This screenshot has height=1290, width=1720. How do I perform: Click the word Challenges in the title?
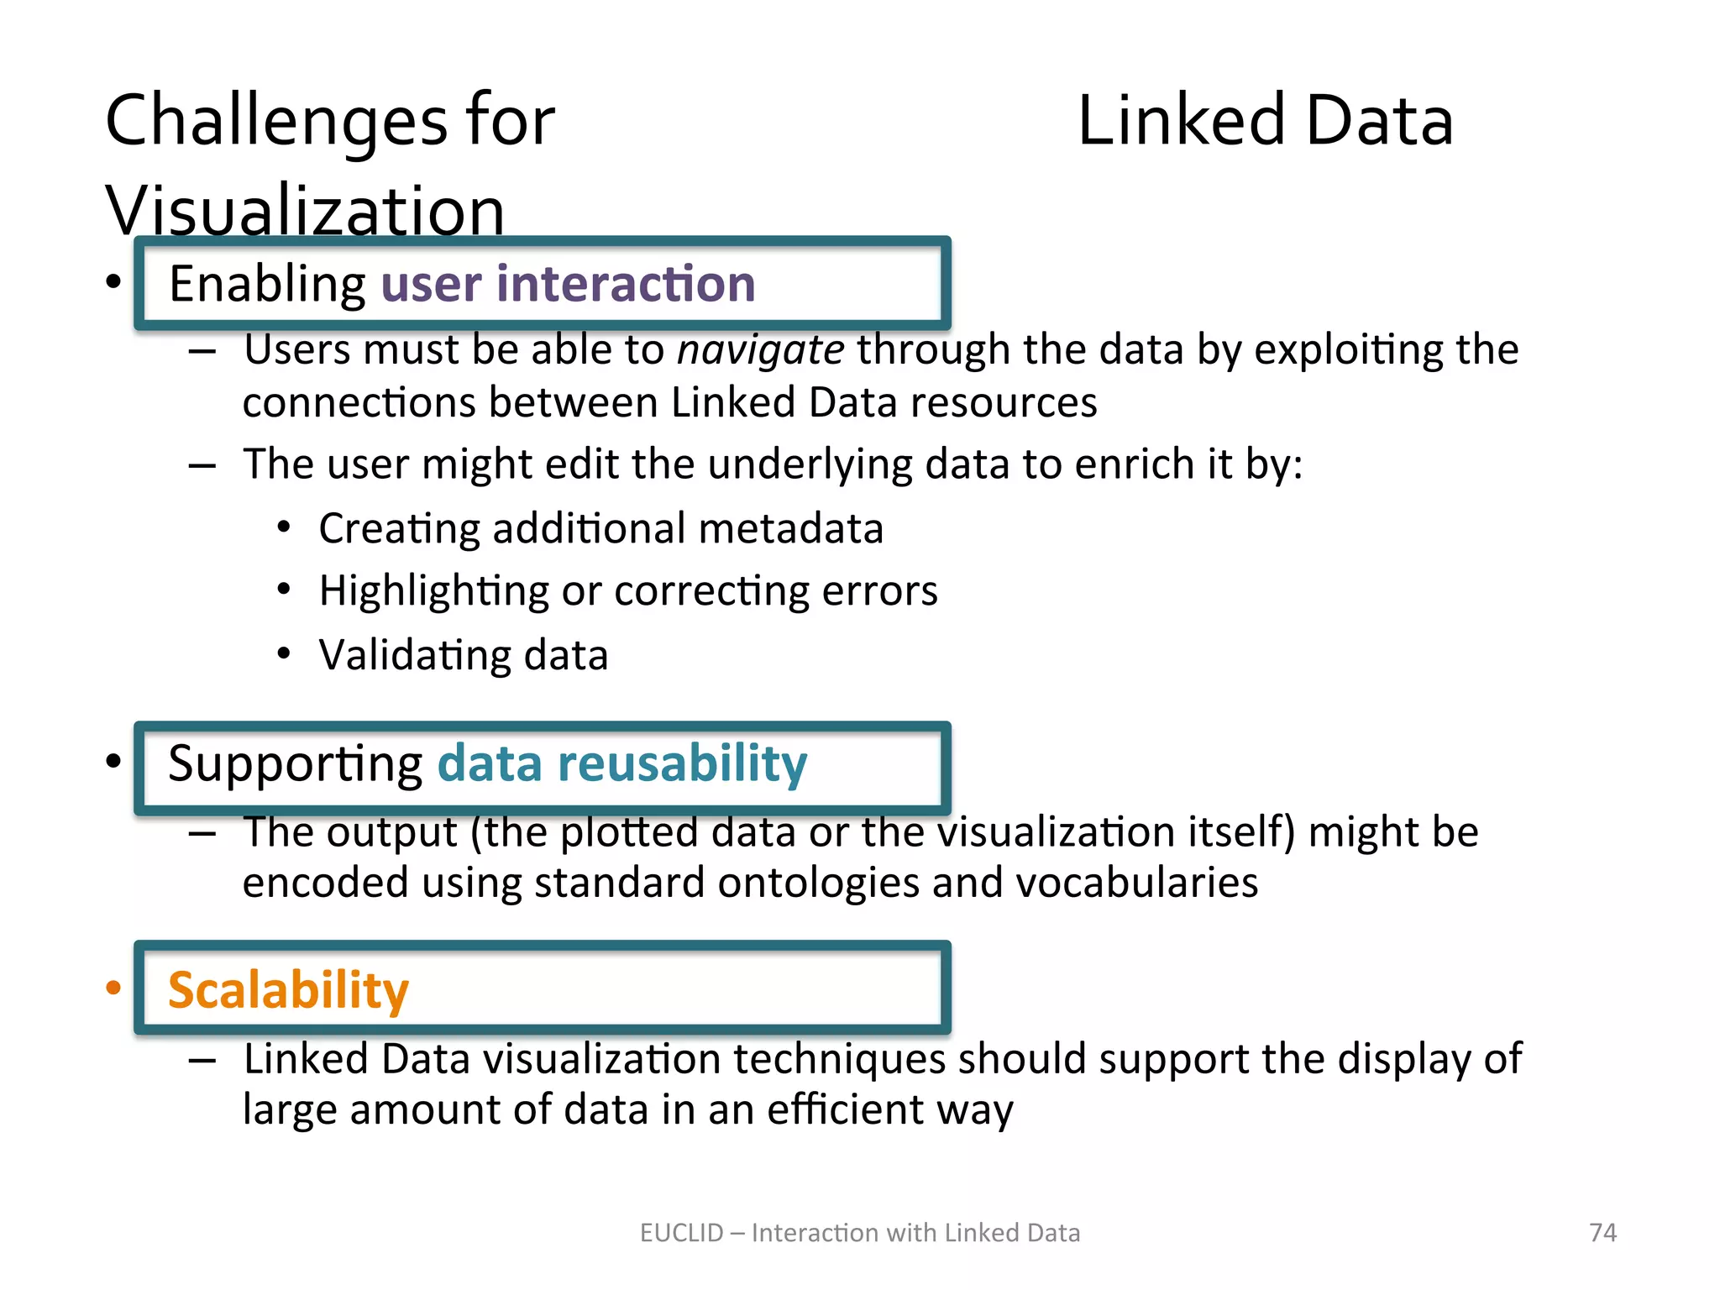click(276, 123)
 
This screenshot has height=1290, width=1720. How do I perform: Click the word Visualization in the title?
click(305, 210)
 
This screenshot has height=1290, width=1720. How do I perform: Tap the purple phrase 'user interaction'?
click(568, 284)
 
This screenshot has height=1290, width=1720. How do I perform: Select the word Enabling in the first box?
click(267, 284)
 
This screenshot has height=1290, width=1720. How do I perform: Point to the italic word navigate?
click(760, 350)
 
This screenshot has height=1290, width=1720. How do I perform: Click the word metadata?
click(790, 529)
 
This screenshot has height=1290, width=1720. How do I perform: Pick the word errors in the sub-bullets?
click(879, 591)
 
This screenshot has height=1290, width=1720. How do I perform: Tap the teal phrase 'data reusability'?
click(622, 764)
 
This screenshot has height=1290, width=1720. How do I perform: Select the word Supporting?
click(295, 764)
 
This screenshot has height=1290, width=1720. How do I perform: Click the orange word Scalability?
click(288, 990)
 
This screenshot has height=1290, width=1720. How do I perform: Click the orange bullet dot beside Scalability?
click(113, 988)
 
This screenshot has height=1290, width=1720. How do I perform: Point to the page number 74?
click(1602, 1233)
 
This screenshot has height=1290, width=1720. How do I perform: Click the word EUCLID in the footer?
click(681, 1233)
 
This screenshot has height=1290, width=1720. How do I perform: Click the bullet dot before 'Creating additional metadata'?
click(284, 528)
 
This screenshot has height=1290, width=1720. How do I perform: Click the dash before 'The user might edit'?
click(202, 466)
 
